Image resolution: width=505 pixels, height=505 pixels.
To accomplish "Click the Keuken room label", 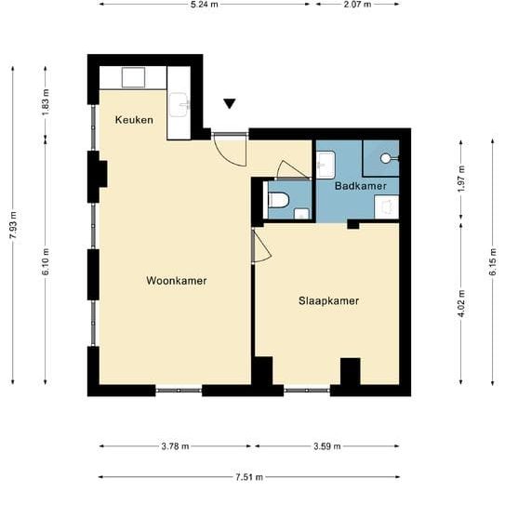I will click(x=134, y=120).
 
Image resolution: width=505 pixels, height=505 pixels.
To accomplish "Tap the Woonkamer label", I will click(x=176, y=280).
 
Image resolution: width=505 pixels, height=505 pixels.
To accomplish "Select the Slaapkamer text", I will click(x=328, y=300).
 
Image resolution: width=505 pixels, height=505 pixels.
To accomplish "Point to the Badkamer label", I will click(x=360, y=186).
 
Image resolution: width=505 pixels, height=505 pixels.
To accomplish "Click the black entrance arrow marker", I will click(x=230, y=104).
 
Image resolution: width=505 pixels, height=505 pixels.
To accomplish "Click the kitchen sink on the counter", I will click(x=179, y=104).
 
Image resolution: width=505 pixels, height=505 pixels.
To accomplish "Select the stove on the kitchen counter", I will click(x=134, y=77).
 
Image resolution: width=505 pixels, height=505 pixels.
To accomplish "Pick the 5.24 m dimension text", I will click(x=204, y=5).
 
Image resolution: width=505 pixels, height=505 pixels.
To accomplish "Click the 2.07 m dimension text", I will click(x=356, y=5).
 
